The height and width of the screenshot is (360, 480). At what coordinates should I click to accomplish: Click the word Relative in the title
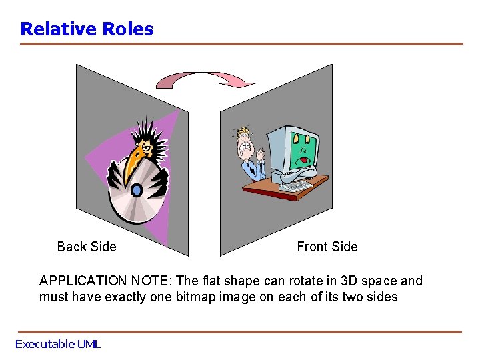pyautogui.click(x=59, y=29)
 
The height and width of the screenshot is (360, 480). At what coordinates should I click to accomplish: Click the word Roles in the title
pyautogui.click(x=128, y=29)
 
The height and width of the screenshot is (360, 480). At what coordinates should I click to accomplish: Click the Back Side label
pyautogui.click(x=87, y=247)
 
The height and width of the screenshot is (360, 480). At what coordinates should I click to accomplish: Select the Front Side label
pyautogui.click(x=327, y=247)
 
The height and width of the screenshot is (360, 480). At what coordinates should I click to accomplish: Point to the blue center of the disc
pyautogui.click(x=137, y=191)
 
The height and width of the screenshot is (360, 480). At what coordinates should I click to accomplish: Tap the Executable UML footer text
pyautogui.click(x=57, y=344)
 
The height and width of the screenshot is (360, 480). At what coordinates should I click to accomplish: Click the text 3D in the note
pyautogui.click(x=337, y=281)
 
